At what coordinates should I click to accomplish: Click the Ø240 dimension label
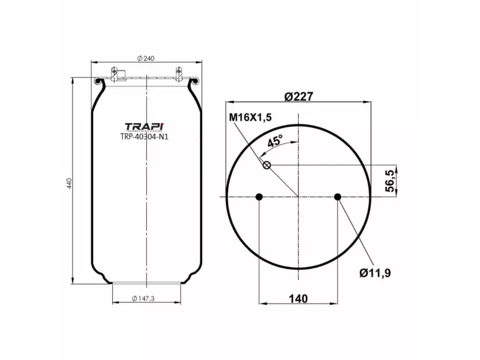pyautogui.click(x=146, y=58)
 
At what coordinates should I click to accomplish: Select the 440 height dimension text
pyautogui.click(x=70, y=182)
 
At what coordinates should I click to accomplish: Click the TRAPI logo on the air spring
pyautogui.click(x=144, y=127)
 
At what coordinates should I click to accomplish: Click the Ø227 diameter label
pyautogui.click(x=299, y=97)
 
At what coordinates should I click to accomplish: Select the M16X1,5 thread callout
pyautogui.click(x=250, y=118)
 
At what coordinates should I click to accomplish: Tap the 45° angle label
pyautogui.click(x=275, y=141)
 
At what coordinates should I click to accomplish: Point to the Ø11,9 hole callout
pyautogui.click(x=376, y=273)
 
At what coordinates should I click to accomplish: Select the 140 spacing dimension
pyautogui.click(x=298, y=299)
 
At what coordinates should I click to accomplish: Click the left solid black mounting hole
pyautogui.click(x=259, y=197)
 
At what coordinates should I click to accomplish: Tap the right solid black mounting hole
pyautogui.click(x=338, y=197)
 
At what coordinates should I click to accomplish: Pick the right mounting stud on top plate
pyautogui.click(x=178, y=74)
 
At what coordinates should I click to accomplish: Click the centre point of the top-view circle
pyautogui.click(x=298, y=197)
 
